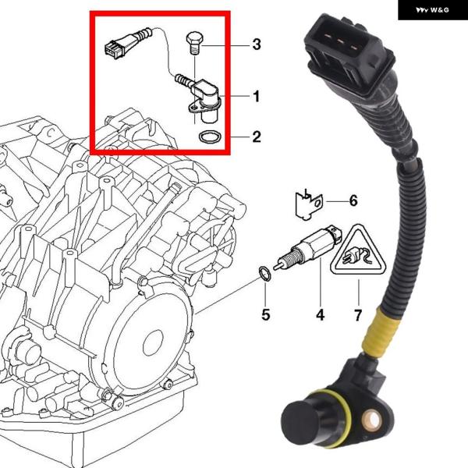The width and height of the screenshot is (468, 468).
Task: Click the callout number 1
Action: point(256,97)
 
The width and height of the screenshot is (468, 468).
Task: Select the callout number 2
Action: point(257,136)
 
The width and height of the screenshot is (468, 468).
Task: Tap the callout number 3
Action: point(257,44)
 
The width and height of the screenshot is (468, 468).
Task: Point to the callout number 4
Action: point(320,315)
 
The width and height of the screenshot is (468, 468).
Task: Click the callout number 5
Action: point(266,315)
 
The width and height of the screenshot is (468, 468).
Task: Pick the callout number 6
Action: point(353,200)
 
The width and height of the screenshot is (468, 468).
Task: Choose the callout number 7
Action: point(358,315)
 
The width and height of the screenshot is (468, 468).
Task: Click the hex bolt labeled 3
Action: point(194,42)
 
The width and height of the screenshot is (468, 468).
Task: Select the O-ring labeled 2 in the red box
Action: point(211,137)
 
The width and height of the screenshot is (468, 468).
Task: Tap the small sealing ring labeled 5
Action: point(264,274)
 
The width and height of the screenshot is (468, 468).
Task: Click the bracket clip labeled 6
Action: point(309,204)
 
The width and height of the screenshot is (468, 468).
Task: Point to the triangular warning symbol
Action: point(358,251)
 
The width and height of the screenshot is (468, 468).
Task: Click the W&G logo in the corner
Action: point(432,10)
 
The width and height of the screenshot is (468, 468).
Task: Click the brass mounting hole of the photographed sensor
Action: point(372,420)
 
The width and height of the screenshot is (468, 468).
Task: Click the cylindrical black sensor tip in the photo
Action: point(301,421)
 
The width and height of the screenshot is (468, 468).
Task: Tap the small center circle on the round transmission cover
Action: point(153,343)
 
